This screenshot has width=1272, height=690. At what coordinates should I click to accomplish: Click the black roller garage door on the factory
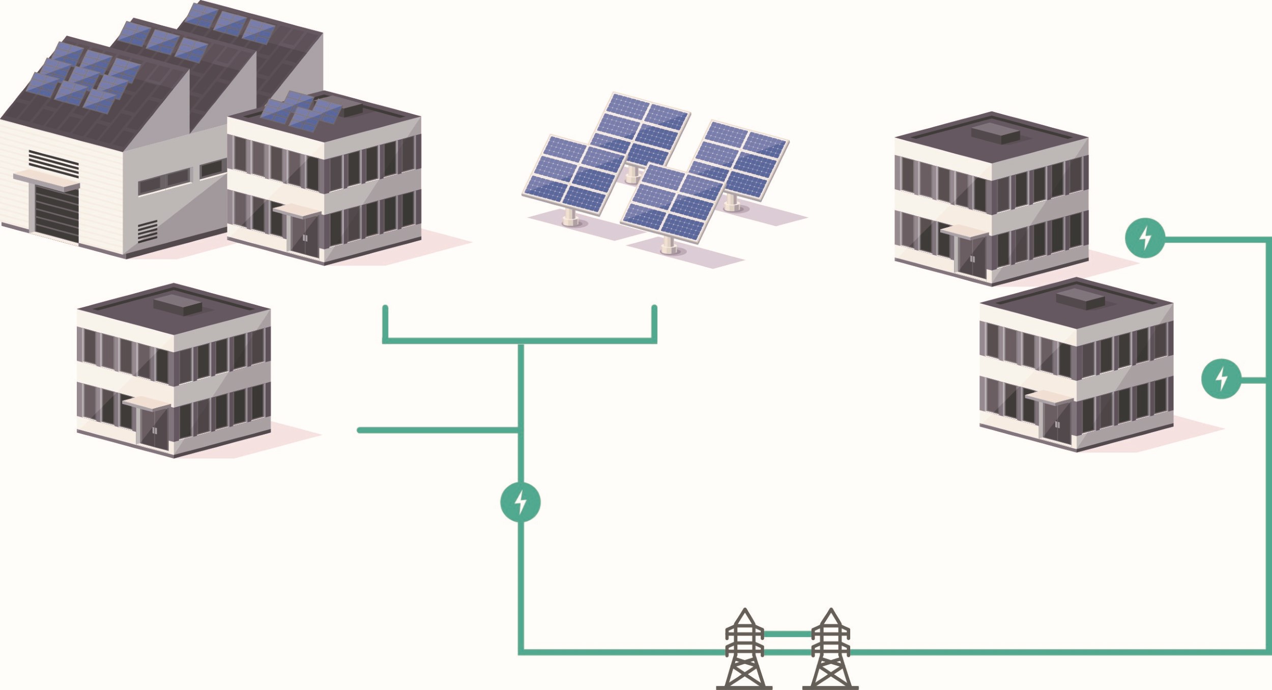(x=57, y=214)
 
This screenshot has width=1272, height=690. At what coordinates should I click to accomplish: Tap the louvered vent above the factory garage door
(x=53, y=163)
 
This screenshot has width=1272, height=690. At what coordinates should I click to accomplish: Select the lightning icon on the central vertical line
(x=520, y=502)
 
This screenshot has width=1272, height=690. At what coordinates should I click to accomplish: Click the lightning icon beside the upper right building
(x=1145, y=238)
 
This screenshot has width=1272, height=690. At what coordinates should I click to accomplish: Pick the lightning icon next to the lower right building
(x=1221, y=379)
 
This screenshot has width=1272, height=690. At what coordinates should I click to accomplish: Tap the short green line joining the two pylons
(x=787, y=634)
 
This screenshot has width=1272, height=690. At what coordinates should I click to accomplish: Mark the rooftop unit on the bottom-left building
(x=178, y=305)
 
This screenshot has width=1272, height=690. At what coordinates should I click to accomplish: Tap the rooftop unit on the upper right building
(x=995, y=133)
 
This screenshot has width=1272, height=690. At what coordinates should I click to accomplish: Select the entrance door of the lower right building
(x=1056, y=422)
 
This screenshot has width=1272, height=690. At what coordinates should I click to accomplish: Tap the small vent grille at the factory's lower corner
(x=147, y=232)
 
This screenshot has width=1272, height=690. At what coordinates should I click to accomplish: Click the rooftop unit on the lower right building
(x=1080, y=299)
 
